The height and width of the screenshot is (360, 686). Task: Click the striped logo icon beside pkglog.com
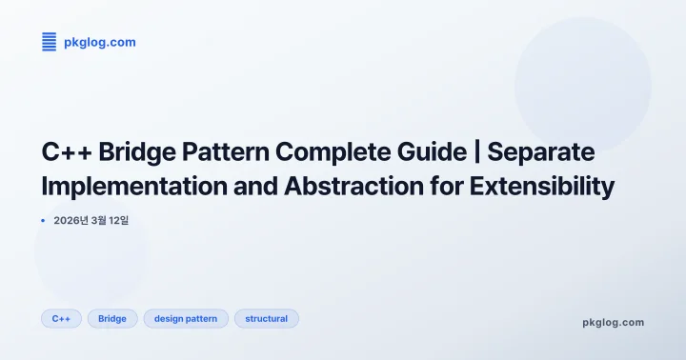(x=50, y=41)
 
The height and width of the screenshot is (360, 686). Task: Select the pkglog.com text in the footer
(x=613, y=322)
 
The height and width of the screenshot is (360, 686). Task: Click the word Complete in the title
(x=332, y=150)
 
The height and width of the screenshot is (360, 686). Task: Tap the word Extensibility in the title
(x=541, y=186)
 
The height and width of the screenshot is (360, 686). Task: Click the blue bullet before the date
(x=44, y=221)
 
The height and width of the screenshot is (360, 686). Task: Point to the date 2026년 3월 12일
(x=91, y=221)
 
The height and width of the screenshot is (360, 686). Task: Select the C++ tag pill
(x=61, y=318)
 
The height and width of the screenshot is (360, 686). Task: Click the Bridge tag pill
(x=112, y=318)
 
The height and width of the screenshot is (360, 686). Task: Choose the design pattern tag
(x=186, y=318)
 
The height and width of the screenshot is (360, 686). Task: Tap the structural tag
(x=266, y=318)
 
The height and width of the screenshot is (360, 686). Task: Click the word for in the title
(x=444, y=186)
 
